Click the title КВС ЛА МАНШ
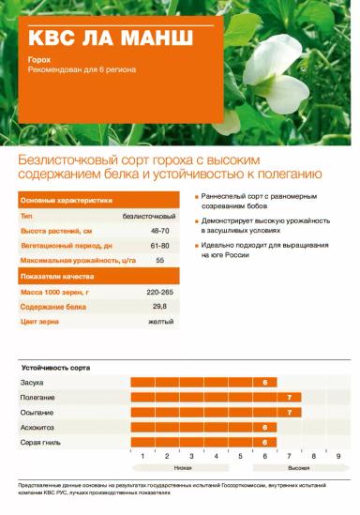(110, 39)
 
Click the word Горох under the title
(38, 59)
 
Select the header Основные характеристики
(66, 200)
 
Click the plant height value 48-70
(159, 230)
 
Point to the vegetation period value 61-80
(159, 245)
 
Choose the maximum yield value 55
(159, 260)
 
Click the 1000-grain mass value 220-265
(159, 293)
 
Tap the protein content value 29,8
(159, 307)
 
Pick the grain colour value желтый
(159, 322)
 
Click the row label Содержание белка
(53, 307)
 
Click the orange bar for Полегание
(216, 398)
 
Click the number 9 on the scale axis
(337, 455)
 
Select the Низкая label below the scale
(184, 466)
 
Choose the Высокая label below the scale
(298, 466)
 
